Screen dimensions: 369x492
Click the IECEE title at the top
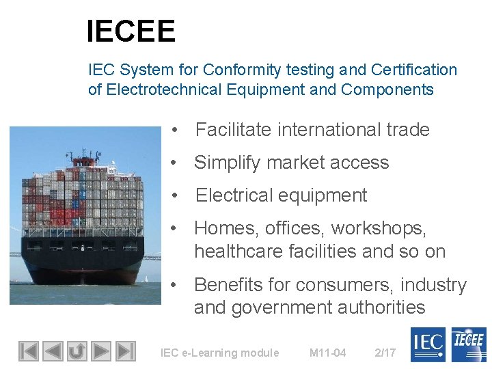131,31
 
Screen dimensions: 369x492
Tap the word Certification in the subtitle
413,70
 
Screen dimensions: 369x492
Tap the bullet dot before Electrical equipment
176,195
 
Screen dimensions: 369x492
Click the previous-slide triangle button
52,351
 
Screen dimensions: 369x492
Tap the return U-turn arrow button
77,351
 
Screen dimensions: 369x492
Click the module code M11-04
327,353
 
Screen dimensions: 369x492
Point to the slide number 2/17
385,353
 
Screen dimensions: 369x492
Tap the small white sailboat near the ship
147,278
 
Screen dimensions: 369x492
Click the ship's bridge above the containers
85,162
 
